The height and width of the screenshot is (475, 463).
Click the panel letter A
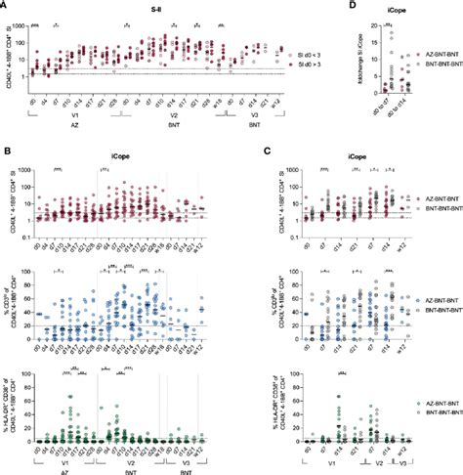pos(6,6)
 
